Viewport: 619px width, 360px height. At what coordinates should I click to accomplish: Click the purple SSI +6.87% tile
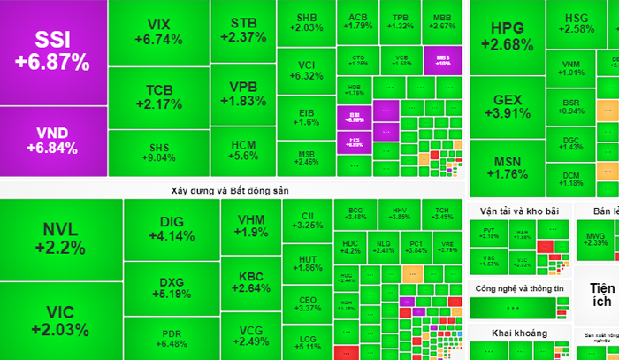(x=53, y=51)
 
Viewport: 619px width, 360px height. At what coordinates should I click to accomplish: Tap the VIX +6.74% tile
(x=159, y=32)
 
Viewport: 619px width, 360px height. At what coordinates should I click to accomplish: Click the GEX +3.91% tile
(x=507, y=106)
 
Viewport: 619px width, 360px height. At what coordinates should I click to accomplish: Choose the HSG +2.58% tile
(x=576, y=23)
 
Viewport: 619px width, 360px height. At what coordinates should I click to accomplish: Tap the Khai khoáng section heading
(x=516, y=333)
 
